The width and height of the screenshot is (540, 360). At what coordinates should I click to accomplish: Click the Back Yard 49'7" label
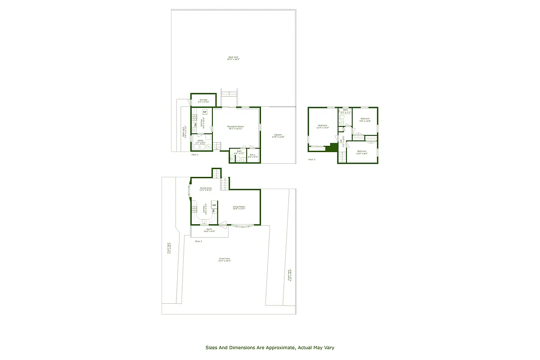click(233, 58)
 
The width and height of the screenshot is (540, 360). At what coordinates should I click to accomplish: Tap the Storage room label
click(203, 101)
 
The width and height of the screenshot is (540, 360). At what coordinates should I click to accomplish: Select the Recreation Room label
click(235, 128)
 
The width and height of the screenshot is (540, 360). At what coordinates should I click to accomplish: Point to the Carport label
click(279, 136)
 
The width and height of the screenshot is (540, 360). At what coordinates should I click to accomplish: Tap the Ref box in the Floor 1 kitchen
click(205, 112)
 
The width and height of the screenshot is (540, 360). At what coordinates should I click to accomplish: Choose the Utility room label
click(200, 141)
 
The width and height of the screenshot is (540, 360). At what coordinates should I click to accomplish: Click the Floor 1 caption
click(195, 154)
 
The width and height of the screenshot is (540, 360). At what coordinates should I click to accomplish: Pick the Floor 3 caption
click(312, 159)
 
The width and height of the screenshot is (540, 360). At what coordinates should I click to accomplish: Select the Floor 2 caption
click(198, 242)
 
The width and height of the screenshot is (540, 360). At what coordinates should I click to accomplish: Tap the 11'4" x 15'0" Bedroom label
click(323, 126)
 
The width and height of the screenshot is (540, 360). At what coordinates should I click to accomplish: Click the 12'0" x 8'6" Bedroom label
click(362, 152)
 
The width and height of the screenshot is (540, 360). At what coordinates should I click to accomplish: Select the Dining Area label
click(206, 189)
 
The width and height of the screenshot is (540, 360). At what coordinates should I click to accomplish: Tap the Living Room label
click(238, 207)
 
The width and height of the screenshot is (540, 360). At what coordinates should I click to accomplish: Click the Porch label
click(209, 230)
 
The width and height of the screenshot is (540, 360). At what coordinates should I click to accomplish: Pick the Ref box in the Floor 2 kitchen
click(214, 205)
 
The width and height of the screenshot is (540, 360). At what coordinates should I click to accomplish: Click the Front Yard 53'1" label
click(224, 260)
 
